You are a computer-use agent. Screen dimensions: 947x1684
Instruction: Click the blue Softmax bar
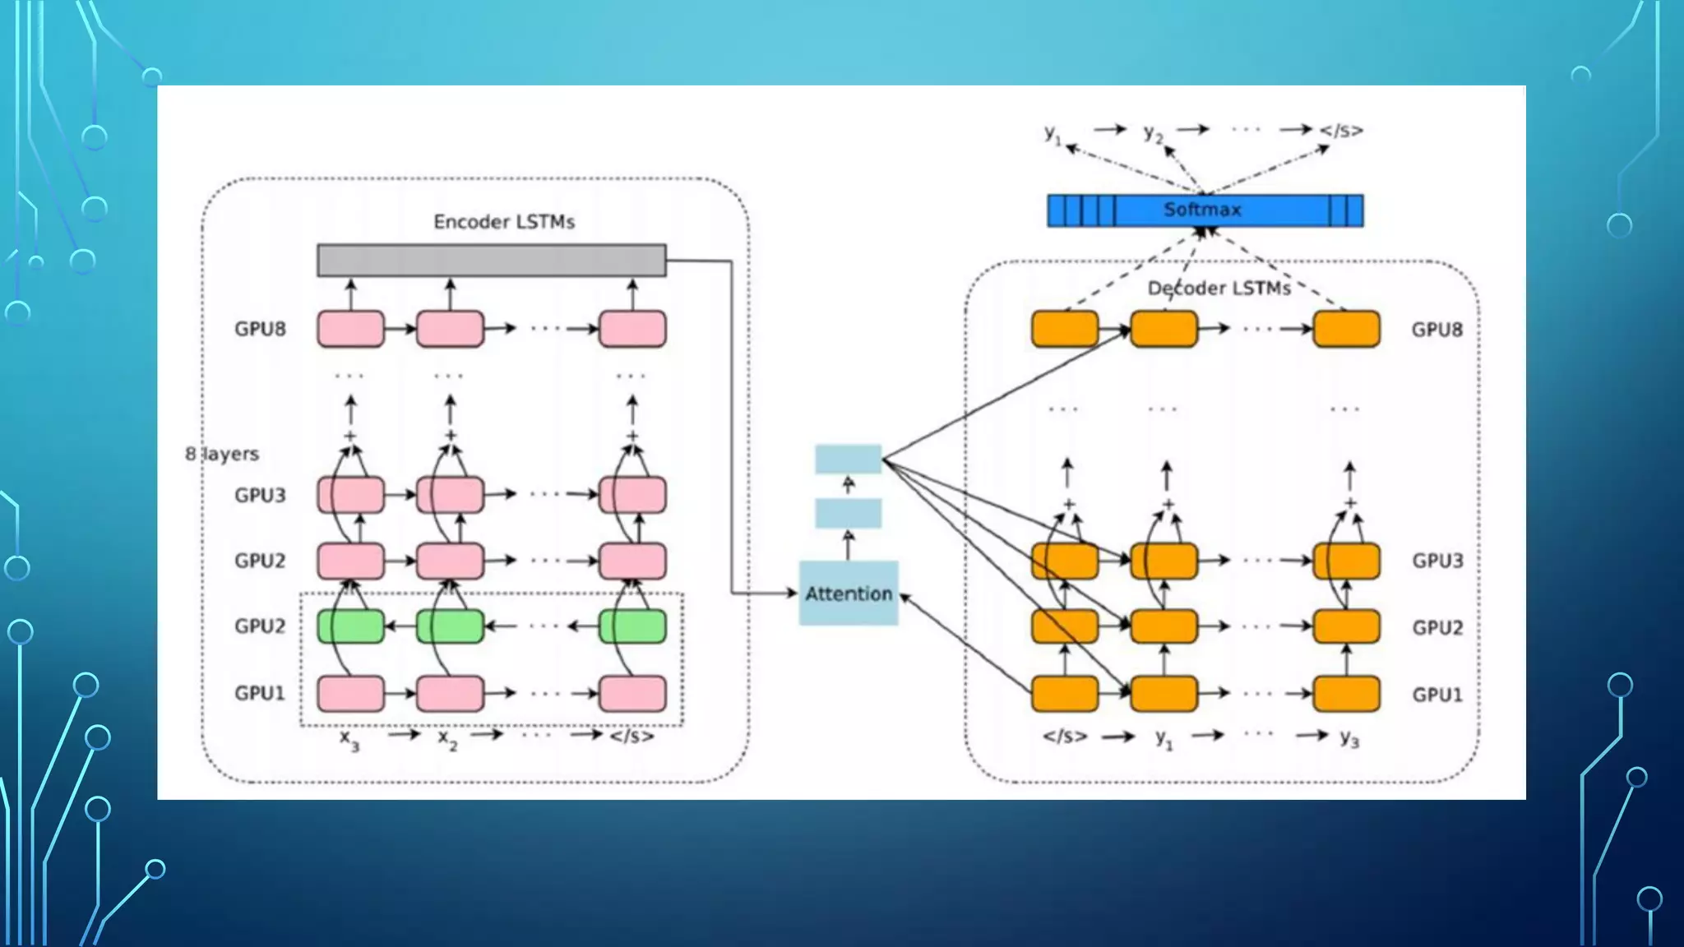pos(1205,210)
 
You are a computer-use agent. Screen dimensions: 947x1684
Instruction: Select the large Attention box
pos(848,594)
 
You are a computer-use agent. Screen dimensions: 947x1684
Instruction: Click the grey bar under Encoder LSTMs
pos(491,261)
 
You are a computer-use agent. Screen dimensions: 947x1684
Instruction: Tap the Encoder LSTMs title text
pos(503,222)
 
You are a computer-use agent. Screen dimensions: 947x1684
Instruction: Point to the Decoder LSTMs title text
pos(1219,289)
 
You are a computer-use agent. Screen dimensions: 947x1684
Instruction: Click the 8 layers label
pos(222,454)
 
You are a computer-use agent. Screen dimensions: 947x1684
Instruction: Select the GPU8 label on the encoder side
pos(260,329)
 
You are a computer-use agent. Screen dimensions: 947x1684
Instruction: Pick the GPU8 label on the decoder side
pos(1436,330)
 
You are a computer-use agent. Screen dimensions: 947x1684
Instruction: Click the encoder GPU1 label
pos(260,694)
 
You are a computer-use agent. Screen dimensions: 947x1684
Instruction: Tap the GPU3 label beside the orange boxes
pos(1436,561)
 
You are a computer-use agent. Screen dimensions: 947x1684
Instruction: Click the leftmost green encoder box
pos(350,627)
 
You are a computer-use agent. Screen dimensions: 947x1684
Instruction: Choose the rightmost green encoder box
pos(631,627)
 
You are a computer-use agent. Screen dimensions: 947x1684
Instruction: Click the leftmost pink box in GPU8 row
pos(350,329)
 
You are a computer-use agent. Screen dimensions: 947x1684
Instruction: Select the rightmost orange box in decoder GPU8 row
pos(1345,329)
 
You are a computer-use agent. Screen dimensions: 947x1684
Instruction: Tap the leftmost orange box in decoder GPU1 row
pos(1064,694)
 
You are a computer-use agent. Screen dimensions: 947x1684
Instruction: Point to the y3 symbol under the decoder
pos(1349,738)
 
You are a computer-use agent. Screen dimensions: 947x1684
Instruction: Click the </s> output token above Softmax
pos(1341,131)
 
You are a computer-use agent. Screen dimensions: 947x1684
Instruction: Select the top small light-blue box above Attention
pos(848,459)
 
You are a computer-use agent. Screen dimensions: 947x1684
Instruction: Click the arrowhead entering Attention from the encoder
pos(791,593)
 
